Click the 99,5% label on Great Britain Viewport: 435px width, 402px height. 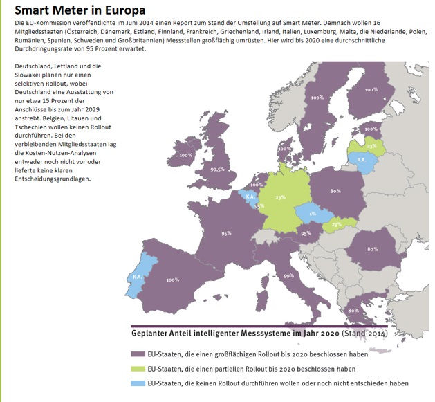coord(218,168)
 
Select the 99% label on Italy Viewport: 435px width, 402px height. coord(288,275)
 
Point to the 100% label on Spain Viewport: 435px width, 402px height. coord(172,280)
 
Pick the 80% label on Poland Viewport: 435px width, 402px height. coord(337,190)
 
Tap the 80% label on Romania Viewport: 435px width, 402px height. coord(371,249)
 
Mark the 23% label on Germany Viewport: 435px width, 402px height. coord(280,197)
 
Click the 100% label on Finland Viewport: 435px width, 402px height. coord(371,89)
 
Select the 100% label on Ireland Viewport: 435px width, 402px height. coord(185,155)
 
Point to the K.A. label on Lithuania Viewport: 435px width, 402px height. coord(361,158)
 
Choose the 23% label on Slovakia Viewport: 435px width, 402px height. coord(337,224)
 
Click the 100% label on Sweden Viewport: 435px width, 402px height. coord(317,98)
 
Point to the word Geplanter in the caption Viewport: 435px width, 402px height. coord(154,333)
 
